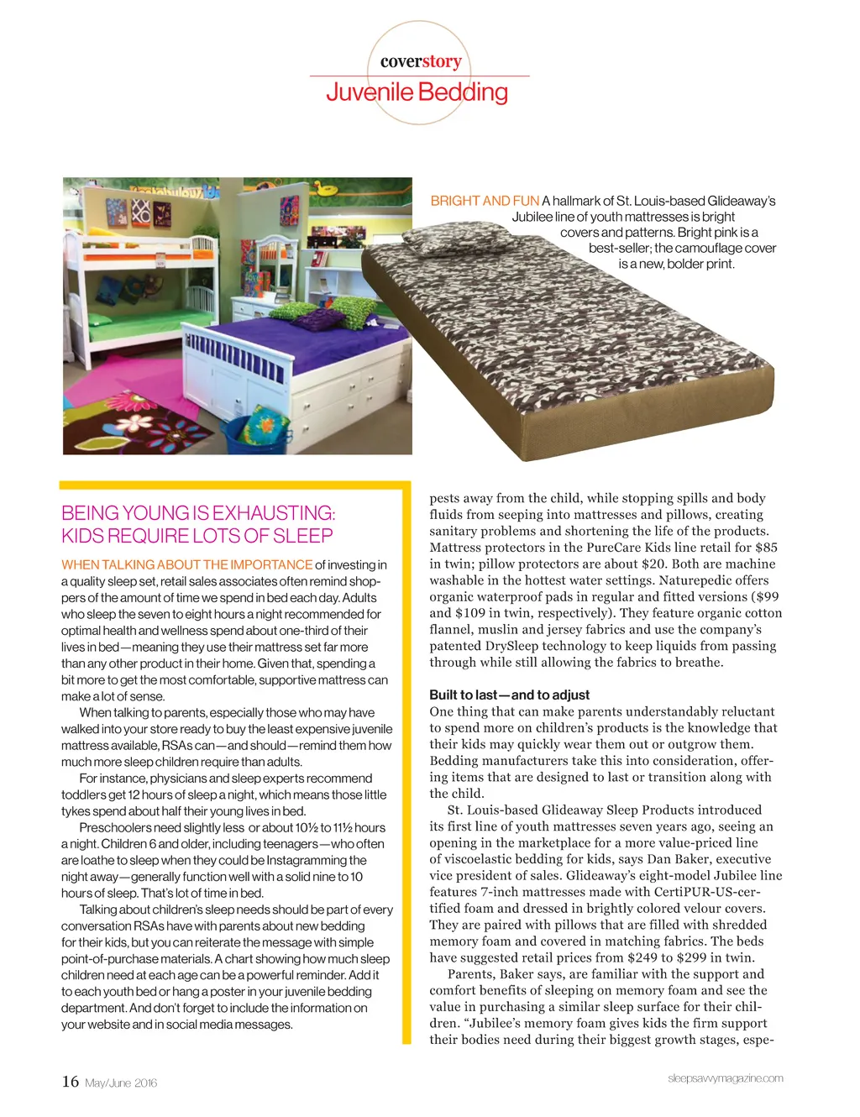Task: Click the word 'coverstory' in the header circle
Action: tap(421, 61)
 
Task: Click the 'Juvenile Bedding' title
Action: tap(417, 92)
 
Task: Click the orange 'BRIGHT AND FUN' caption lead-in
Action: tap(485, 201)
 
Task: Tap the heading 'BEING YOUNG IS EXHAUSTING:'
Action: tap(198, 513)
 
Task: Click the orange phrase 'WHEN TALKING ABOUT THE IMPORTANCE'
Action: tap(186, 564)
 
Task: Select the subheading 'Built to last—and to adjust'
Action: tap(509, 695)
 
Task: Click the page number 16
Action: tap(71, 1082)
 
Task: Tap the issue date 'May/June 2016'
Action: tap(121, 1083)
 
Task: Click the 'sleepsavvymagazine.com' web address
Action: tap(725, 1078)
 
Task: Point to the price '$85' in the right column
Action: tap(766, 548)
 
